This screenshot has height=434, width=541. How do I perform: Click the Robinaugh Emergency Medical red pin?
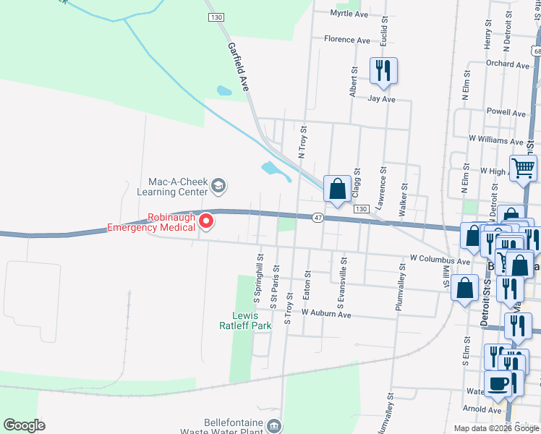point(206,221)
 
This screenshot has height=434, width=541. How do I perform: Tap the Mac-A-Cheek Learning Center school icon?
point(218,187)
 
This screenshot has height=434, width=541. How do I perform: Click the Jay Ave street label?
point(382,98)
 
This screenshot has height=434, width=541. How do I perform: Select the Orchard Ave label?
point(508,64)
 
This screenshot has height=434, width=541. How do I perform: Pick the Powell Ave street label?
point(506,114)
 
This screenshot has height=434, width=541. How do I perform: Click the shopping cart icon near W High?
point(523,169)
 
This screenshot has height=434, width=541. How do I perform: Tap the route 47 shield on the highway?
point(318,217)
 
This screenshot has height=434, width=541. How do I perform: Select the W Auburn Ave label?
point(326,315)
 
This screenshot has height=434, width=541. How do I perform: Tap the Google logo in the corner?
point(24,425)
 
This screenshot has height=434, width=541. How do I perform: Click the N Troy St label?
point(303,141)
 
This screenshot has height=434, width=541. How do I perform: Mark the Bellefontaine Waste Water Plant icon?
point(274,425)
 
